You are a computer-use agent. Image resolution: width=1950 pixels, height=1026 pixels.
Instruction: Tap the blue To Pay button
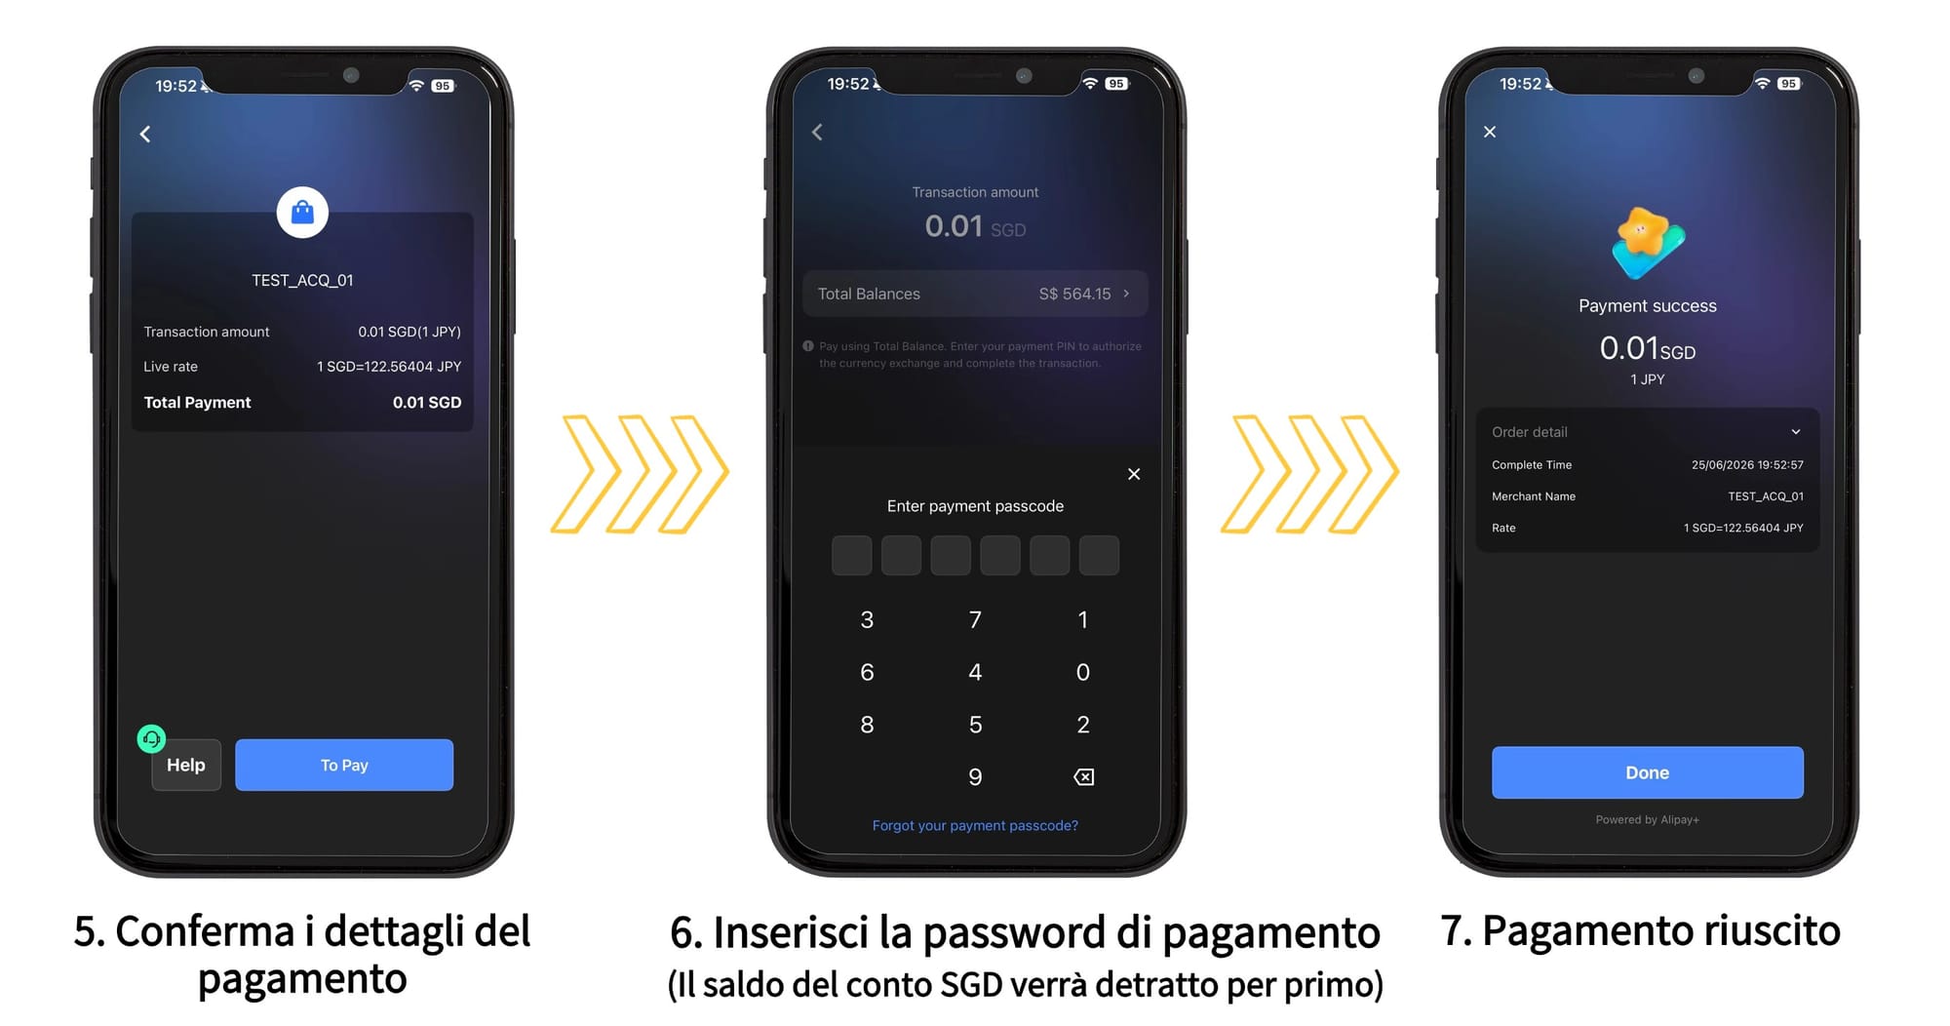tap(344, 765)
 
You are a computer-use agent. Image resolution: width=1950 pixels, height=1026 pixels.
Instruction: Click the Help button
tap(186, 766)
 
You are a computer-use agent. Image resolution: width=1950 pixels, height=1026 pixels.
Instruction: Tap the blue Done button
tap(1647, 772)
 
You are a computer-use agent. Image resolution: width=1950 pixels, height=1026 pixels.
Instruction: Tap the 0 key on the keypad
tap(1082, 672)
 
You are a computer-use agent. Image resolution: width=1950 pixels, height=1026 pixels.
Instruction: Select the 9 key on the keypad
tap(975, 776)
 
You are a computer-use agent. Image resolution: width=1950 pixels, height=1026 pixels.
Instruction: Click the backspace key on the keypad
tap(1083, 776)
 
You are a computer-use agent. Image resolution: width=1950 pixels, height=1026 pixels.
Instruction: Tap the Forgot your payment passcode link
tap(975, 825)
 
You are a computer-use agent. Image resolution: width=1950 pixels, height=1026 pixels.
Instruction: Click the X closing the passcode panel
tap(1134, 474)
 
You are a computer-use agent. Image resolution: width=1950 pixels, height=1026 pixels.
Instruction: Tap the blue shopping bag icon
tap(302, 212)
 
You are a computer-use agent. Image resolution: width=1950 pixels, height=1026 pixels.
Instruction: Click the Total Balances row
tap(975, 294)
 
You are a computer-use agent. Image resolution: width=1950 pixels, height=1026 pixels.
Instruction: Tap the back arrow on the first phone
tap(145, 134)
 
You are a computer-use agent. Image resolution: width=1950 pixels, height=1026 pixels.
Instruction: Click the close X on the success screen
tap(1490, 132)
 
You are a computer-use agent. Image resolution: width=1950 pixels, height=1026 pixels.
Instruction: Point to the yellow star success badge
tap(1646, 242)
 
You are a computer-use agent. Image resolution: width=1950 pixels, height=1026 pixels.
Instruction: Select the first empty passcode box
tap(851, 555)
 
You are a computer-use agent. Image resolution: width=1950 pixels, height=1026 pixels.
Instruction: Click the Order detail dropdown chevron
tap(1796, 432)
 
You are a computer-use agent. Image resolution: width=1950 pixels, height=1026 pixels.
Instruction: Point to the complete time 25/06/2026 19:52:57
tap(1747, 465)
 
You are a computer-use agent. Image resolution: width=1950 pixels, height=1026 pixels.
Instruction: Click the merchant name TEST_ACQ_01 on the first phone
tap(302, 280)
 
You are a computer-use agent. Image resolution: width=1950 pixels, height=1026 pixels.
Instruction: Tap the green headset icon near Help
tap(151, 738)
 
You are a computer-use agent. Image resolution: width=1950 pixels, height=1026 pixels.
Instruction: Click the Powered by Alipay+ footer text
tap(1647, 819)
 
